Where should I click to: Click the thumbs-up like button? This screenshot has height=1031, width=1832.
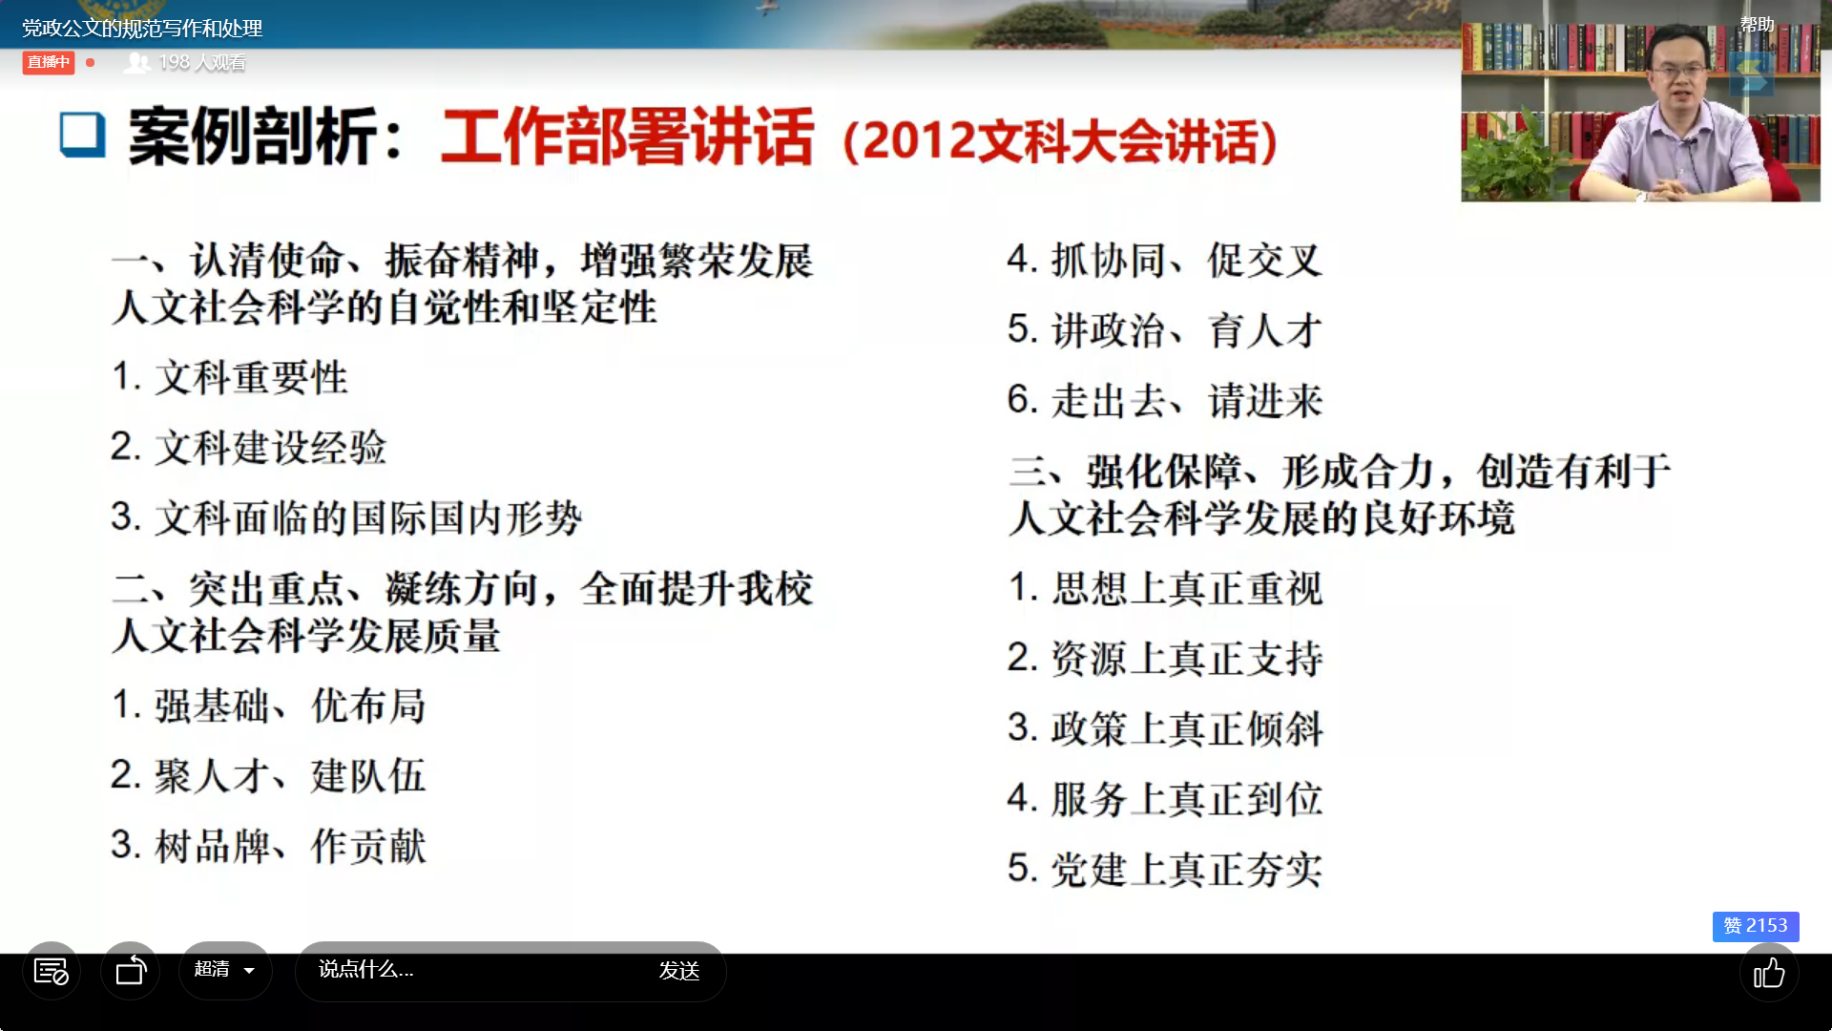click(1769, 973)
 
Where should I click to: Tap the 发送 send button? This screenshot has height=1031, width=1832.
click(679, 971)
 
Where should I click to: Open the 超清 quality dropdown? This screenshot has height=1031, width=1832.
click(225, 970)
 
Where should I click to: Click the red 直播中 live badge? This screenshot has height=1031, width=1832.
click(49, 63)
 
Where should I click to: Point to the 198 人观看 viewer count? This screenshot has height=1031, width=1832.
click(186, 63)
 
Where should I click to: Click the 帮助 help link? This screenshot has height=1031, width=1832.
click(1757, 25)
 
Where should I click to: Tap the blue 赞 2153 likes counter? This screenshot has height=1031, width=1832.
click(1756, 926)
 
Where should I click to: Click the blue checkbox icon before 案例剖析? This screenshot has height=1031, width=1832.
click(82, 135)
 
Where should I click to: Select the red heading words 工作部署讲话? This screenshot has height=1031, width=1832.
click(627, 137)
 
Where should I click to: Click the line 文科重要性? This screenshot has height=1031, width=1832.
click(230, 377)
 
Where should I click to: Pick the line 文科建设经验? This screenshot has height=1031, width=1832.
click(249, 447)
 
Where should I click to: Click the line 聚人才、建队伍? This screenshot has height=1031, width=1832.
click(268, 775)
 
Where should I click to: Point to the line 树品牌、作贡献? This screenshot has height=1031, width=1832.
click(268, 846)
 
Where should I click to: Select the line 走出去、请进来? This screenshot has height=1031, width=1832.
click(1165, 400)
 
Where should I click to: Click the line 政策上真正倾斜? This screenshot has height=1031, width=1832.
click(1165, 728)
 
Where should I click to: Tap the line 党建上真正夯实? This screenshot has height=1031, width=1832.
click(1165, 869)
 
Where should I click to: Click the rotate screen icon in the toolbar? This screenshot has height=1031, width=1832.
click(131, 971)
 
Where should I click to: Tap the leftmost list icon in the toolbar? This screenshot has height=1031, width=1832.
click(52, 971)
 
